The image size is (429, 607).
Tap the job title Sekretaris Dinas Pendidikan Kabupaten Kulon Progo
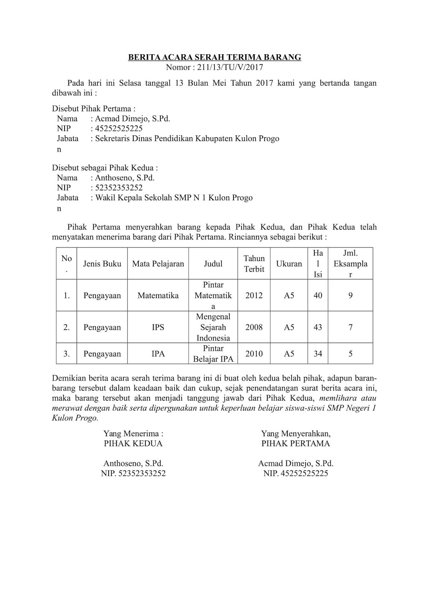pyautogui.click(x=187, y=138)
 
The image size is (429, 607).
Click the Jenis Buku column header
pyautogui.click(x=102, y=264)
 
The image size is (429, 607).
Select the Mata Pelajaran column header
pyautogui.click(x=158, y=264)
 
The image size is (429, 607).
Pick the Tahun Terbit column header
pyautogui.click(x=254, y=264)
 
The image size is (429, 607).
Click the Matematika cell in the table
pyautogui.click(x=158, y=296)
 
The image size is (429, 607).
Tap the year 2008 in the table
pyautogui.click(x=254, y=327)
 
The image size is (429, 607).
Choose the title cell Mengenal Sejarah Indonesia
pyautogui.click(x=213, y=327)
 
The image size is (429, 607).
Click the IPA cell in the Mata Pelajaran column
pyautogui.click(x=158, y=354)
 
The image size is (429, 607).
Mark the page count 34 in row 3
pyautogui.click(x=318, y=354)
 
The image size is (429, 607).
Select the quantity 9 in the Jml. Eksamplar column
pyautogui.click(x=350, y=296)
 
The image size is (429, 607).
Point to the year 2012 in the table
pyautogui.click(x=254, y=296)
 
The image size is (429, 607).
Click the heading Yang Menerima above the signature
pyautogui.click(x=133, y=434)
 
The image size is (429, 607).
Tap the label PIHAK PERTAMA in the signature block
pyautogui.click(x=295, y=443)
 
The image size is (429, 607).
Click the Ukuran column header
pyautogui.click(x=289, y=264)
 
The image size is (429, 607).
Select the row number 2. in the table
pyautogui.click(x=66, y=327)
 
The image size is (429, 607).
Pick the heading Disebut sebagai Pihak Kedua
pyautogui.click(x=105, y=168)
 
